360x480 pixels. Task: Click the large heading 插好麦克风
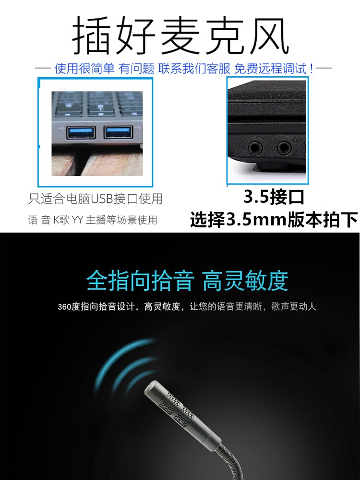coord(180,36)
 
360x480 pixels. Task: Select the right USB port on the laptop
coord(118,133)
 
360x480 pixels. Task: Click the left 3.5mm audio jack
coord(254,147)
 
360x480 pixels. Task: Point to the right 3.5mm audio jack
coord(284,147)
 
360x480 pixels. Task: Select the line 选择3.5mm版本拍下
coord(274,220)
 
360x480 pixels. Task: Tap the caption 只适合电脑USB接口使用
coord(95,198)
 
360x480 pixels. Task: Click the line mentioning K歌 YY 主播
coord(93,220)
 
